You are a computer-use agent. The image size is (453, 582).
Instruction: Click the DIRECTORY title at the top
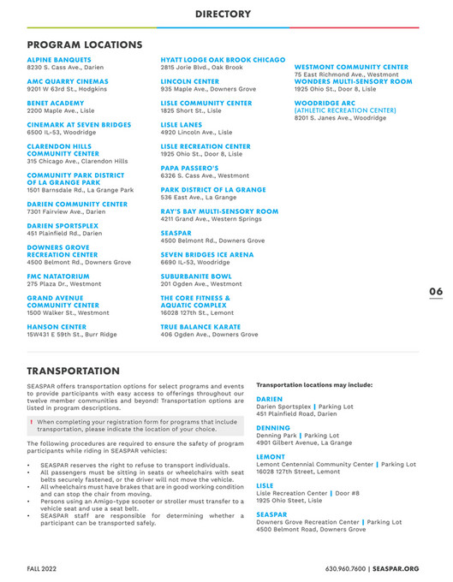(x=223, y=15)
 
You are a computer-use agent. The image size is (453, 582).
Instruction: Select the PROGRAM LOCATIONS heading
(x=84, y=44)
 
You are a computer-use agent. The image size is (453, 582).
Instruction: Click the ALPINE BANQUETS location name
(x=54, y=59)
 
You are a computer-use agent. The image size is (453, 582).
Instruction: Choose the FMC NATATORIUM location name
(x=57, y=276)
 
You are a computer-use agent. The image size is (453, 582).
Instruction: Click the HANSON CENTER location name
(x=57, y=326)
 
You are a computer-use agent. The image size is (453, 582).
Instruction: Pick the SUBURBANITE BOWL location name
(x=196, y=276)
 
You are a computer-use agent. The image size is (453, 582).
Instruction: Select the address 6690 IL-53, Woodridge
(x=195, y=262)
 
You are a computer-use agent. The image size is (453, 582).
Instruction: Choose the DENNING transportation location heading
(x=273, y=427)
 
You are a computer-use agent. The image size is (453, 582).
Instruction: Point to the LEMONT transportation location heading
(x=271, y=456)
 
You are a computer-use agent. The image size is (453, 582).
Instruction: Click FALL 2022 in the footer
(x=43, y=568)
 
